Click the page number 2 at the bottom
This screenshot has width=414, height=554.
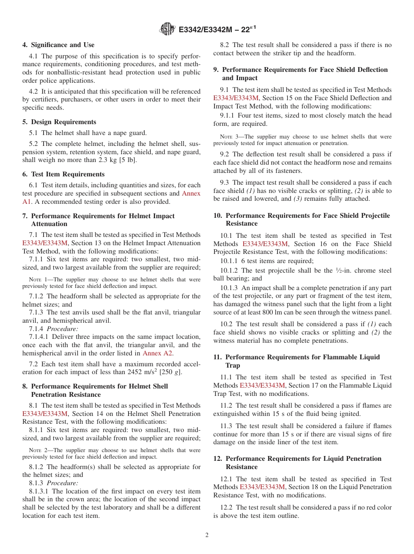point(207,535)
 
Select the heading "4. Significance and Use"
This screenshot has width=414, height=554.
point(58,45)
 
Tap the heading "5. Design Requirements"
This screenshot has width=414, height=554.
point(59,122)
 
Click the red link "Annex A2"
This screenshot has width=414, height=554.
point(158,353)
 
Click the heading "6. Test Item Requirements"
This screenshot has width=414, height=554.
point(63,174)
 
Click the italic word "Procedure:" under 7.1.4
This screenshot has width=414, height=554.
point(62,329)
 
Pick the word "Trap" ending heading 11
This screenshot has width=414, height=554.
point(233,365)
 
